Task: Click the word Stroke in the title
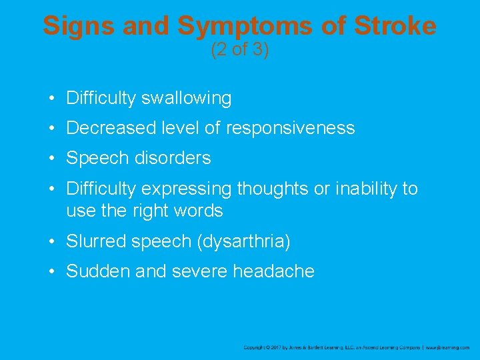[x=395, y=25]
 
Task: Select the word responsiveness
[x=290, y=128]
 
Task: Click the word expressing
[x=189, y=189]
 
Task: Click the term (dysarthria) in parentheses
[x=243, y=241]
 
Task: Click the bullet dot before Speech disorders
[x=51, y=159]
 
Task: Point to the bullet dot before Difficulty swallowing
[x=51, y=99]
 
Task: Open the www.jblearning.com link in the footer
[x=448, y=347]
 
